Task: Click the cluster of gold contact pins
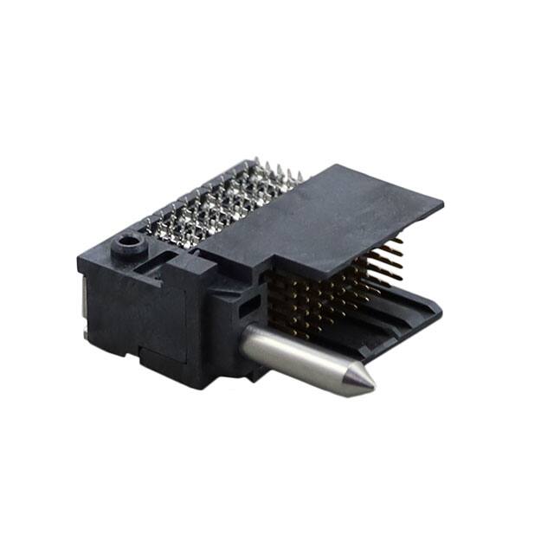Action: click(x=320, y=294)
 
